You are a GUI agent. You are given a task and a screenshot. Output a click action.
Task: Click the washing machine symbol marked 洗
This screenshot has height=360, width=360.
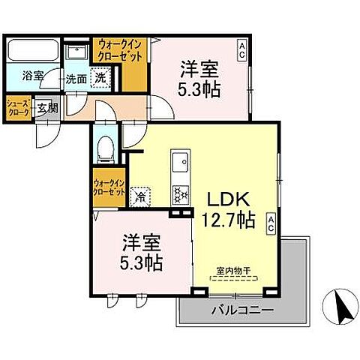100,76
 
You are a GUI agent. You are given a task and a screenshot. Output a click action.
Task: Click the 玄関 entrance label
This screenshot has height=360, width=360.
47,107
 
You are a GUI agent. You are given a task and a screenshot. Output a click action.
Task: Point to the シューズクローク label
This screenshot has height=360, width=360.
18,107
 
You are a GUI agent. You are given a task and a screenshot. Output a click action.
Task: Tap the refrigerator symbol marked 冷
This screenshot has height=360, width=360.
140,196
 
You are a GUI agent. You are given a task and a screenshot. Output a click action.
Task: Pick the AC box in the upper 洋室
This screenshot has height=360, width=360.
242,51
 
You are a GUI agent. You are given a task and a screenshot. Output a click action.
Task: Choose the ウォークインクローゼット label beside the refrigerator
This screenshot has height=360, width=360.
109,187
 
